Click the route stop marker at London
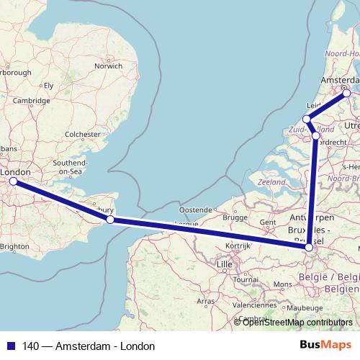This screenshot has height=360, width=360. (13, 181)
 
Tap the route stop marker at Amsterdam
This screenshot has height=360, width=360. (346, 92)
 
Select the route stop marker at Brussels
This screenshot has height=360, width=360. (308, 248)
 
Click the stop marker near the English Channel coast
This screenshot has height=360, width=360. (110, 220)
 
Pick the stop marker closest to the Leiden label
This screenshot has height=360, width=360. (307, 119)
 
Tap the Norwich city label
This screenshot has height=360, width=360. (109, 66)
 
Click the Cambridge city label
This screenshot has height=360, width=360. (30, 101)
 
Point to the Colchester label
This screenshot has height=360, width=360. (82, 134)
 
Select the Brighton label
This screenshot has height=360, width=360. (15, 246)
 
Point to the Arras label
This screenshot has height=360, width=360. (206, 300)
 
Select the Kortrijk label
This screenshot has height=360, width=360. (237, 246)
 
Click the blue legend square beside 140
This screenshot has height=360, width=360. (7, 346)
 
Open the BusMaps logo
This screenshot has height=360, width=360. (331, 346)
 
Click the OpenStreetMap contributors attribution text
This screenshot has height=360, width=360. (296, 322)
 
